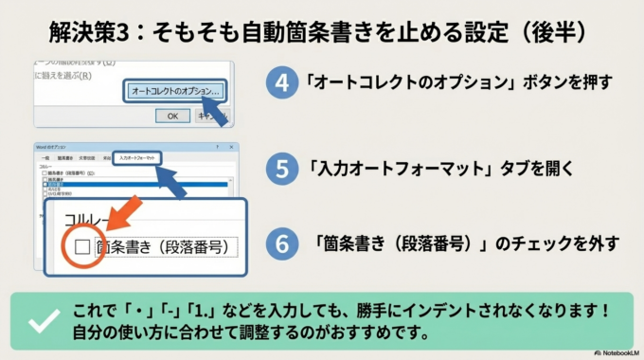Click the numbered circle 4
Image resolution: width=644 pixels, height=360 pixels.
[281, 82]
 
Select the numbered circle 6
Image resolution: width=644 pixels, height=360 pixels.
[281, 243]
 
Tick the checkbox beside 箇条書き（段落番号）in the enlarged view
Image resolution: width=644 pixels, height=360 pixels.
[80, 247]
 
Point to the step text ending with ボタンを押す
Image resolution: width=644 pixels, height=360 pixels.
[458, 82]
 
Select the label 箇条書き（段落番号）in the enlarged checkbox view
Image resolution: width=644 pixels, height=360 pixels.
[162, 247]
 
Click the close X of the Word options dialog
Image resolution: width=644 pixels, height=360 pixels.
[230, 147]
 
